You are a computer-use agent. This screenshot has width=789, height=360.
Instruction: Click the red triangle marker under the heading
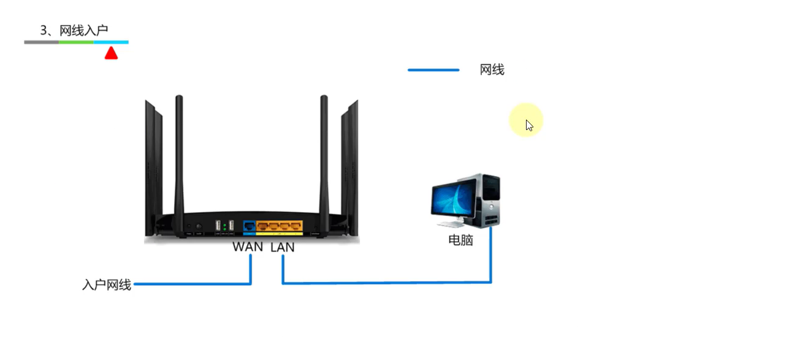point(111,53)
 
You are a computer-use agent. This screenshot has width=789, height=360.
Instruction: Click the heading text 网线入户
point(83,30)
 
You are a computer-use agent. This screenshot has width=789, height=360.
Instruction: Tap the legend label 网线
point(492,70)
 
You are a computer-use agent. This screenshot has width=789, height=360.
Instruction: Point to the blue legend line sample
point(433,70)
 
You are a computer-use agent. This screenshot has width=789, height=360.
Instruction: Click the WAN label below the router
point(248,247)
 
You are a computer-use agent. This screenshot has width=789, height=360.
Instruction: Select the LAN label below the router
point(282,247)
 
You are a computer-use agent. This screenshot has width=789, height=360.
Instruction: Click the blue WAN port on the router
point(249,226)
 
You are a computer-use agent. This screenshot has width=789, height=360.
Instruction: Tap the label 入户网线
point(107,285)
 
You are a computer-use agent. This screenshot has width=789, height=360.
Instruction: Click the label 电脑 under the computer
point(460,240)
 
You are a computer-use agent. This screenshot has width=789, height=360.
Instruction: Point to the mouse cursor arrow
point(528,125)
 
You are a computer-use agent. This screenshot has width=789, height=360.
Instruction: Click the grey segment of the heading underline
point(42,42)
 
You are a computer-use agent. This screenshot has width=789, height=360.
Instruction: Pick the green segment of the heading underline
point(76,42)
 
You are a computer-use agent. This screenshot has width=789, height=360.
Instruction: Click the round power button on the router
point(198,227)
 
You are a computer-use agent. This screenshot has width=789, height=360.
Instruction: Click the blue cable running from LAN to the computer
point(386,283)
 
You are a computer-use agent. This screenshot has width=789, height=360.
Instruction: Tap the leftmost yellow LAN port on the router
point(262,226)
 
